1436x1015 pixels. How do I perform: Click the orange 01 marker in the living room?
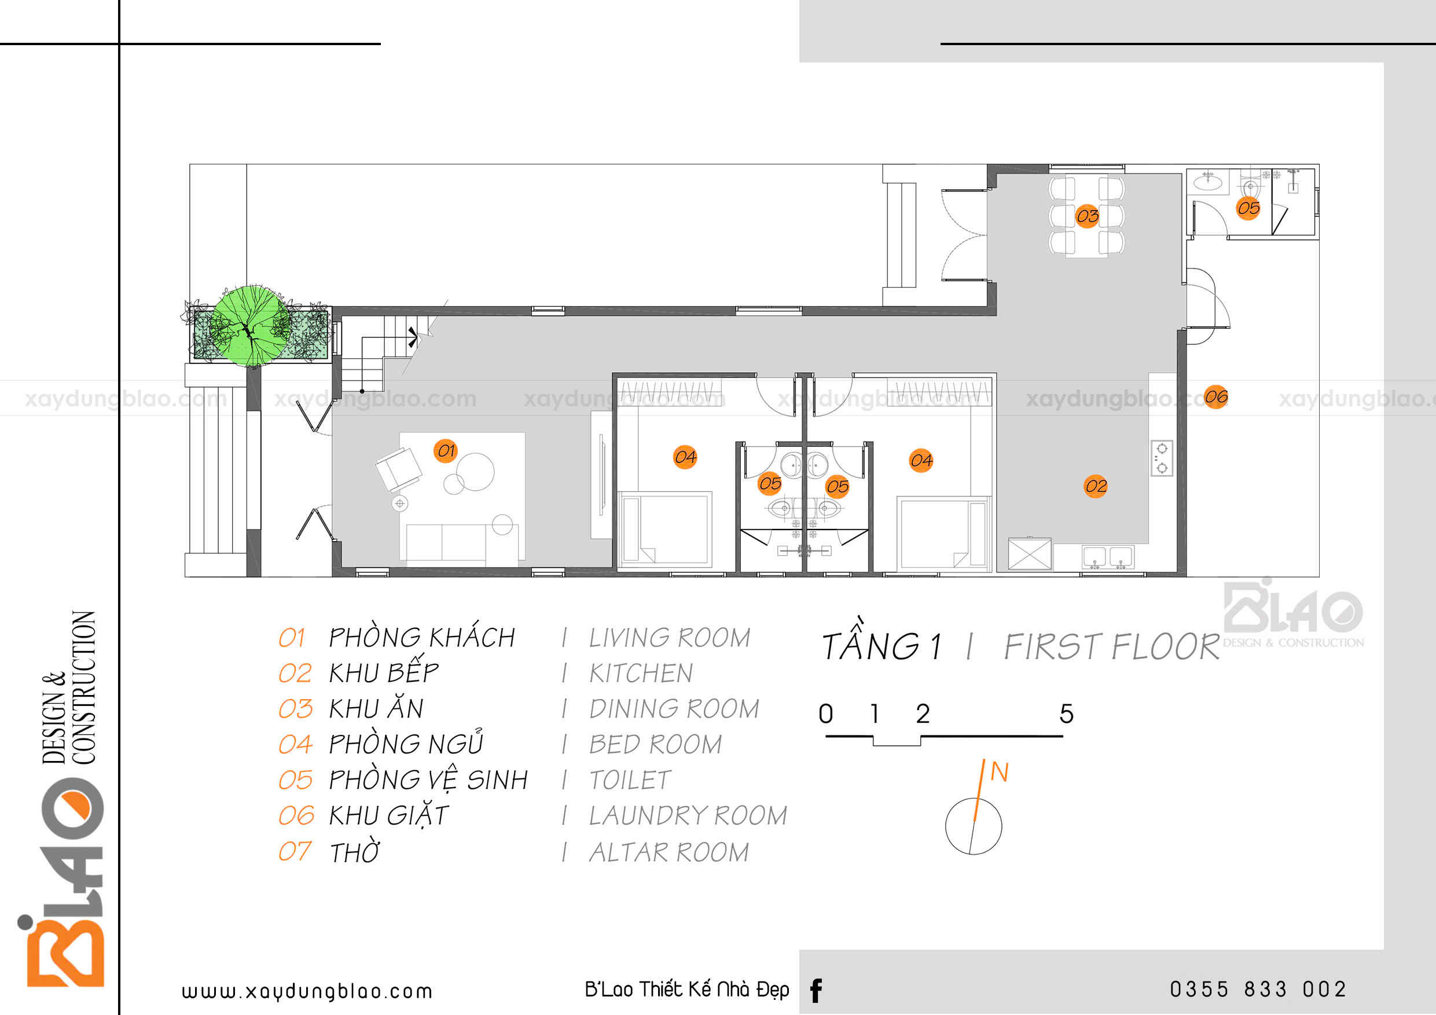[x=445, y=450]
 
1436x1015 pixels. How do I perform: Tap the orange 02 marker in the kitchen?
[x=1096, y=486]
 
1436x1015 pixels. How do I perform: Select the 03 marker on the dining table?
[x=1087, y=216]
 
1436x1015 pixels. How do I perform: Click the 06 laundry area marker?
[x=1216, y=396]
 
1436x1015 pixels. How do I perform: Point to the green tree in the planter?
[x=251, y=326]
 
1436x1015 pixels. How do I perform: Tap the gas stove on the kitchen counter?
[x=1162, y=458]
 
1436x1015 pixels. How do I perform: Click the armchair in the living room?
[x=398, y=469]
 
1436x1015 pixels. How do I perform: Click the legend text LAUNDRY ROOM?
[x=688, y=815]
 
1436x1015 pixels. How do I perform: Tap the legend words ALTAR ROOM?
[x=669, y=852]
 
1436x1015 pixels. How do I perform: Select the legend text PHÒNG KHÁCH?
[x=421, y=637]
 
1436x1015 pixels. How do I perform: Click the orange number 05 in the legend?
[x=295, y=780]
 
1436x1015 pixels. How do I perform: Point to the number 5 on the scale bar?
[x=1066, y=714]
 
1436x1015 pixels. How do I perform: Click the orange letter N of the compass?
[x=1000, y=772]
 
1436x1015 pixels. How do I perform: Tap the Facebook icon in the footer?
[x=816, y=991]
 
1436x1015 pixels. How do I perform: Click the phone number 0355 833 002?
[x=1258, y=990]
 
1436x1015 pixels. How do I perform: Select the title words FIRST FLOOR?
[x=1111, y=646]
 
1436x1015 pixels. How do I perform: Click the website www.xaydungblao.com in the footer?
[x=306, y=991]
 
